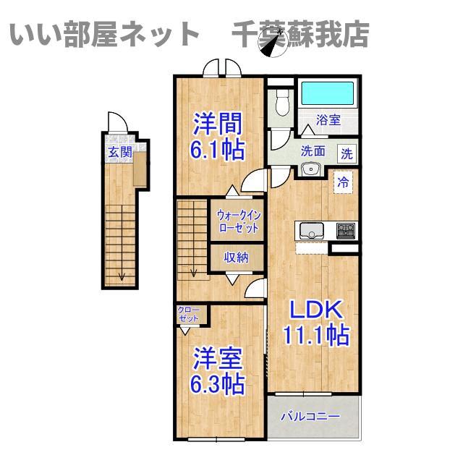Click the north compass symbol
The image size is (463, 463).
point(272,43)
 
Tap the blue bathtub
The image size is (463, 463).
point(327,93)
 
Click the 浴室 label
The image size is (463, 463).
point(328,120)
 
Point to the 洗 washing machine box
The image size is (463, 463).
point(347,154)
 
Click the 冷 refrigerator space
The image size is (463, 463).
point(343,182)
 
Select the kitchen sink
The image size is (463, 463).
point(312,230)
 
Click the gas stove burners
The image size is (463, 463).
point(346,230)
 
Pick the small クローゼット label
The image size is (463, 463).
point(188,315)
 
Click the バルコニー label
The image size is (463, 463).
point(310,417)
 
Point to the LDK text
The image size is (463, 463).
point(316,309)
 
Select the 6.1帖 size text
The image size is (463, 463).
point(218,150)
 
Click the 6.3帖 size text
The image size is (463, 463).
point(218,384)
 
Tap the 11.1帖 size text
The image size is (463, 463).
point(316,335)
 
